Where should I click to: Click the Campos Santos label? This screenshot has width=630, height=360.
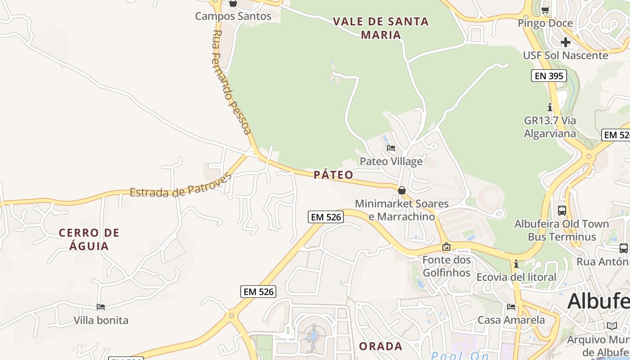(x=233, y=16)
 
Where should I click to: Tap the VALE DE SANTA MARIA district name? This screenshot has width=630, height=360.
(x=381, y=28)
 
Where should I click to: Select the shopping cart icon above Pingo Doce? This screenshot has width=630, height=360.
(x=545, y=10)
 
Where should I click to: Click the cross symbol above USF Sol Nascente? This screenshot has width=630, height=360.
(x=566, y=42)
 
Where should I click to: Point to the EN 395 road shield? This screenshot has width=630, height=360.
(x=548, y=76)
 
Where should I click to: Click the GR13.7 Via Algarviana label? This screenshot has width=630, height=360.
(x=549, y=127)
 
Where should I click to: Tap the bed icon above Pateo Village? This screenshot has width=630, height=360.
(x=391, y=148)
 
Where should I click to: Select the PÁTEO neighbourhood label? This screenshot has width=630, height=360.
(x=333, y=175)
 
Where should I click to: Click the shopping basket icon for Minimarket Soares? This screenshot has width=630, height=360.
(x=402, y=190)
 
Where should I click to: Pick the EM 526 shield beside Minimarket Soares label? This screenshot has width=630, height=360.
(x=326, y=217)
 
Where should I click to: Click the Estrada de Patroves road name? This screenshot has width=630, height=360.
(x=180, y=185)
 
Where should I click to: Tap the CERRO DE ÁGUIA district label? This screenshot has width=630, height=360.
(x=89, y=239)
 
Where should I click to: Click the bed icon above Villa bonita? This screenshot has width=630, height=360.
(x=101, y=307)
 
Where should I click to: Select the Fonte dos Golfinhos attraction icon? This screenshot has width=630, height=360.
(x=446, y=247)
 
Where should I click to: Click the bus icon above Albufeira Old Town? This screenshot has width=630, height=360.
(x=562, y=210)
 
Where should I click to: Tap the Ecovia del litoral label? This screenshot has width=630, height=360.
(x=516, y=277)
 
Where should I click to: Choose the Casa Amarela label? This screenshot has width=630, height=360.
(x=511, y=320)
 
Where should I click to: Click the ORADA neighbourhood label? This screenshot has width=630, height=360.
(x=380, y=346)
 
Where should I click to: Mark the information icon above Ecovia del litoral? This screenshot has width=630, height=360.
(x=516, y=264)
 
